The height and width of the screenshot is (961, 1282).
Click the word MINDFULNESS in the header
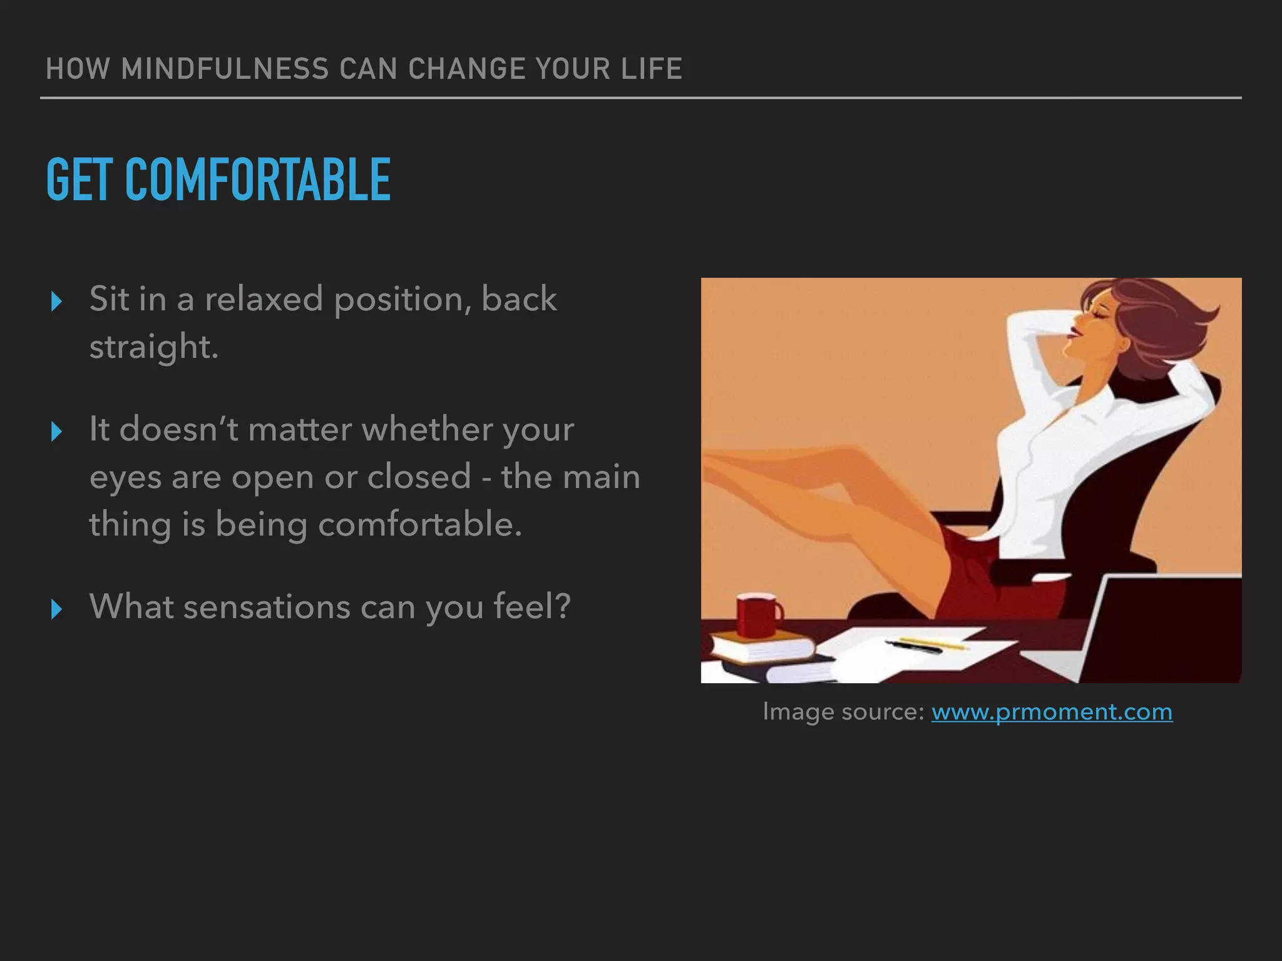point(225,69)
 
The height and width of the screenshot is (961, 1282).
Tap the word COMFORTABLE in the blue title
point(258,180)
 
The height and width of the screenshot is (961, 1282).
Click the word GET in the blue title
point(79,180)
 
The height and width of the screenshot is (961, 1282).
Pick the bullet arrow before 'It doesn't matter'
point(56,432)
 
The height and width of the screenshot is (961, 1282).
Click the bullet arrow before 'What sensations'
point(56,609)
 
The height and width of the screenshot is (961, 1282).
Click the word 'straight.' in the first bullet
point(153,347)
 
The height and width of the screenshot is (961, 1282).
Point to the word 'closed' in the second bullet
point(419,477)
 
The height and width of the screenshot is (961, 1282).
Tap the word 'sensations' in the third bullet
point(266,607)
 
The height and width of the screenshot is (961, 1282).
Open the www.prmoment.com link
point(1052,712)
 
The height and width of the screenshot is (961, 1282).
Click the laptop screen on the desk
point(1164,626)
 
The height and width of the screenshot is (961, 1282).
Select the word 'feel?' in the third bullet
point(532,607)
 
